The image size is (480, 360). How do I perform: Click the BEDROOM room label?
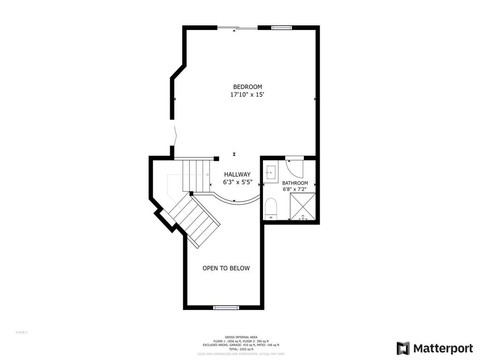click(247, 87)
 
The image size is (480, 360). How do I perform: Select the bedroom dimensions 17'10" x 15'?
click(247, 95)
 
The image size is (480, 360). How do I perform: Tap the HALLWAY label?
click(237, 174)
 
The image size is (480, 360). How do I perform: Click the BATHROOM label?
click(295, 183)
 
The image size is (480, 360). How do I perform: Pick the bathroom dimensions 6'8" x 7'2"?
click(295, 190)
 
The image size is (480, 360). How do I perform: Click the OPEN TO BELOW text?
click(226, 268)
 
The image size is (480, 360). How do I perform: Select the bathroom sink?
click(271, 172)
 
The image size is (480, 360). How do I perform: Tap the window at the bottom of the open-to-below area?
click(226, 307)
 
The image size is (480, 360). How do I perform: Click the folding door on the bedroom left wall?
click(175, 136)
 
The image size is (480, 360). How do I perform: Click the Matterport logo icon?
click(403, 348)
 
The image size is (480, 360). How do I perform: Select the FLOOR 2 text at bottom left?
click(22, 332)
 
